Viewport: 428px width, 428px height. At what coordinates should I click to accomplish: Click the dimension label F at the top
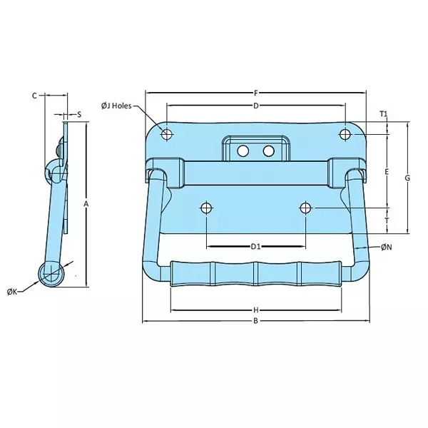tap(255, 92)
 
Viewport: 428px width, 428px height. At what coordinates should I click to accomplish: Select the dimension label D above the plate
tap(255, 106)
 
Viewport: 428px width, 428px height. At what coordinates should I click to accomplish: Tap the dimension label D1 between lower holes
tap(255, 247)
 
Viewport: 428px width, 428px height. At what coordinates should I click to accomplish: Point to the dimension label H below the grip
tap(255, 310)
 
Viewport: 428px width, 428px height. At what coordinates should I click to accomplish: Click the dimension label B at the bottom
tap(255, 321)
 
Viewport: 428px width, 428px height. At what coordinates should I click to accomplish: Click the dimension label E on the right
tap(386, 172)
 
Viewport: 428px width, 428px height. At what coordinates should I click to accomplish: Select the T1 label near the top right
tap(383, 114)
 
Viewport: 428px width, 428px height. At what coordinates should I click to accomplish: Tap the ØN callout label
tap(385, 247)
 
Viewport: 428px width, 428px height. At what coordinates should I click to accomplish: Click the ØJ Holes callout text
tap(117, 106)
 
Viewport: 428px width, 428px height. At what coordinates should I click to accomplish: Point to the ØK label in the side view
tap(13, 292)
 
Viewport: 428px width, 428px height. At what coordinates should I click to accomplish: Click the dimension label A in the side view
tap(86, 205)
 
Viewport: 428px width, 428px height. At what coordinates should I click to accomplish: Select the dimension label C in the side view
tap(34, 94)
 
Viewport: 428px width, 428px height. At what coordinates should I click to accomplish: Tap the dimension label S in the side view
tap(78, 114)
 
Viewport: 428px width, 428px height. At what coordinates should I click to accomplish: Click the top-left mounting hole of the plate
tap(166, 134)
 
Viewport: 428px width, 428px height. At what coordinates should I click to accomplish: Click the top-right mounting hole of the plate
tap(345, 134)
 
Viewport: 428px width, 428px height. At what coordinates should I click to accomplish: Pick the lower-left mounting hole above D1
tap(206, 208)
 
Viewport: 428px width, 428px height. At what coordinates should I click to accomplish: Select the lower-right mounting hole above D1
tap(305, 208)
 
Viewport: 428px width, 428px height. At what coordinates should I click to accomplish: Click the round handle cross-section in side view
tap(51, 273)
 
